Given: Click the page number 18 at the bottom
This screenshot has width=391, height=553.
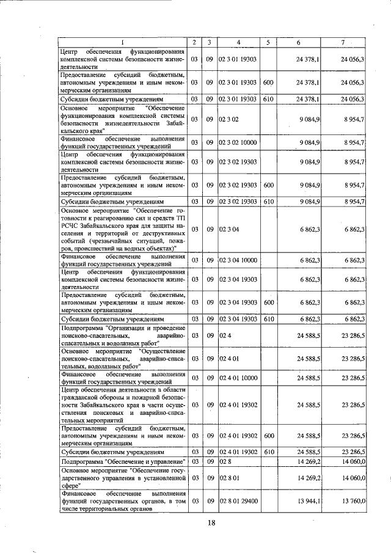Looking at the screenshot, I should coord(211,522).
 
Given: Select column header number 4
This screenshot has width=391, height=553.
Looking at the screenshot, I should coord(238,42).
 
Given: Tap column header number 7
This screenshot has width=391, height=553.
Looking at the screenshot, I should coord(343,42).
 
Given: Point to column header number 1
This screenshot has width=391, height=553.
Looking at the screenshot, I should coord(121,42).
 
